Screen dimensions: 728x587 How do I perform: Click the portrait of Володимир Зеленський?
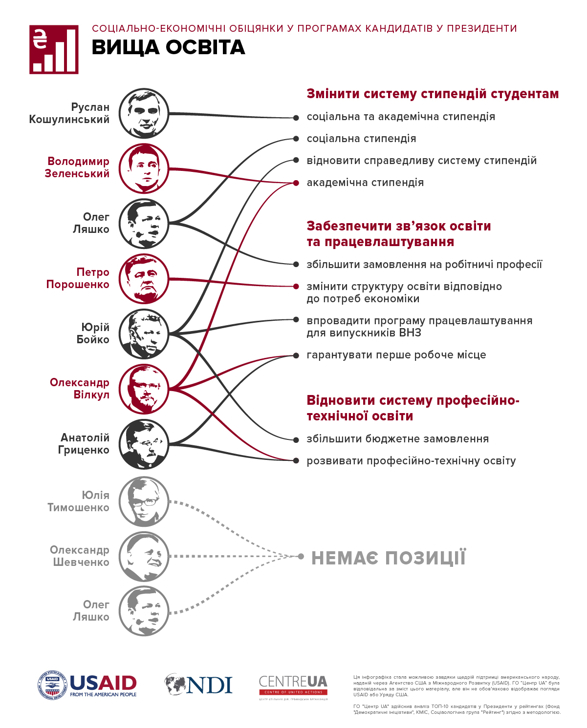tap(144, 168)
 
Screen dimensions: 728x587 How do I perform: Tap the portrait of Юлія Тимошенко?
tap(144, 501)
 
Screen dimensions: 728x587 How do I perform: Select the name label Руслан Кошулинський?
tap(69, 113)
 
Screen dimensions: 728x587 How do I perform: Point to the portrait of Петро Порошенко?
tap(144, 279)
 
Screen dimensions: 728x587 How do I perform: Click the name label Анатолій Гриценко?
tap(84, 444)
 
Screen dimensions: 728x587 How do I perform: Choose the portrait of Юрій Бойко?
tap(144, 334)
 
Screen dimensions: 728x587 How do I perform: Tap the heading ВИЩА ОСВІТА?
tap(168, 47)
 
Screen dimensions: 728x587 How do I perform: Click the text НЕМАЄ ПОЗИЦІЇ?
tap(389, 558)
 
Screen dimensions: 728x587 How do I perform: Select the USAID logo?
tap(87, 685)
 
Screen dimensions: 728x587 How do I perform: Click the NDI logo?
tap(198, 685)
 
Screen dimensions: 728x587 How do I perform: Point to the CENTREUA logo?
tap(293, 685)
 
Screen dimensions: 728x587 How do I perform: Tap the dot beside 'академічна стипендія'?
tap(296, 183)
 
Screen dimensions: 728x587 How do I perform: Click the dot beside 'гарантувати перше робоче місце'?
tap(296, 355)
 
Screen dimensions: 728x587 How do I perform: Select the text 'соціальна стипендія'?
tap(361, 139)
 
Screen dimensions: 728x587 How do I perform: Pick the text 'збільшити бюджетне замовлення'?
tap(397, 439)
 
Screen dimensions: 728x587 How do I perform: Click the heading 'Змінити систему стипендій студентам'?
tap(433, 94)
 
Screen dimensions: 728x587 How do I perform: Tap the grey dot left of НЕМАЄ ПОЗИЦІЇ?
tap(301, 556)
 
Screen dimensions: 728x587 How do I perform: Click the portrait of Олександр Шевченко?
tap(144, 556)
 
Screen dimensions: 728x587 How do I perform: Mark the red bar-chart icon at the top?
tap(54, 50)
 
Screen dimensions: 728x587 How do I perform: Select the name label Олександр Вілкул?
tap(79, 389)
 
